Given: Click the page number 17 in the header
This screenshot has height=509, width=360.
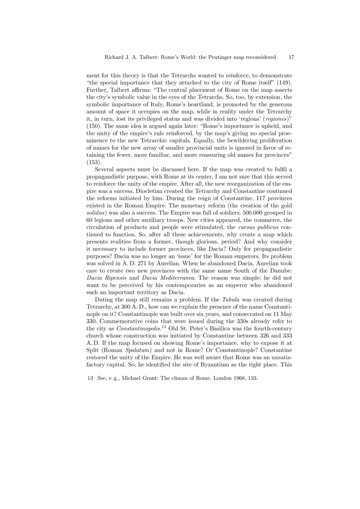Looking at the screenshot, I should (291, 58).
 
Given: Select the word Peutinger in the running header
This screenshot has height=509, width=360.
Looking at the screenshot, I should (214, 58).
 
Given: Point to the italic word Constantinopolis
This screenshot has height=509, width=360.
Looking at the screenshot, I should (142, 341).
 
